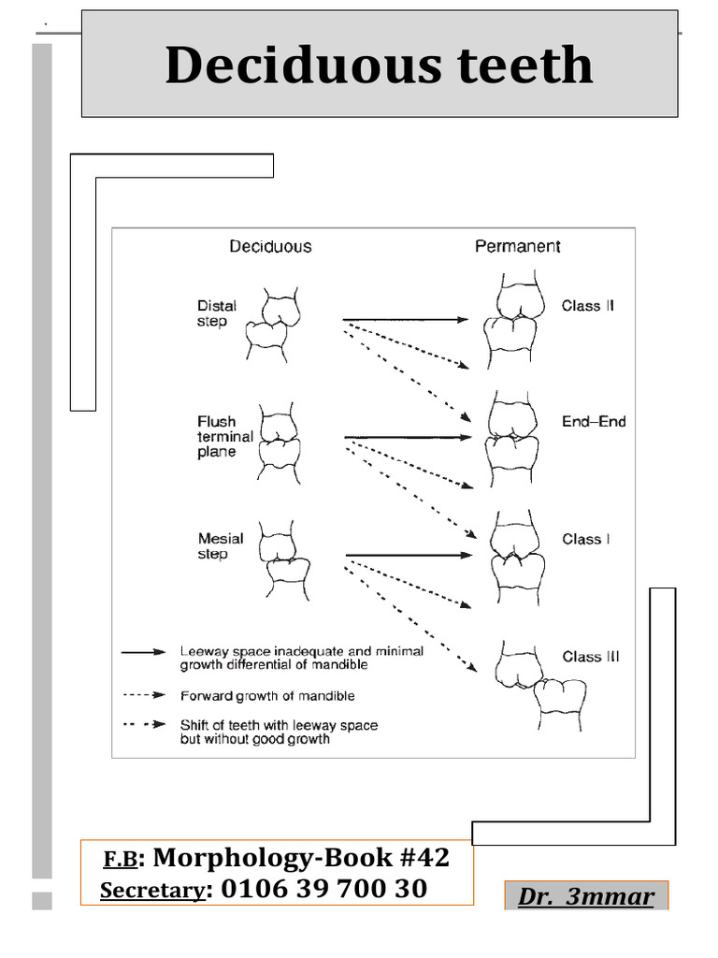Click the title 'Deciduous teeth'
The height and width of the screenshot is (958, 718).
pyautogui.click(x=379, y=65)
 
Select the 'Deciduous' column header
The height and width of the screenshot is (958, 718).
pyautogui.click(x=270, y=247)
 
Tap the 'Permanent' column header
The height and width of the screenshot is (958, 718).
pyautogui.click(x=517, y=247)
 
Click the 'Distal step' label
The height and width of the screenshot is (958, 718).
pyautogui.click(x=217, y=313)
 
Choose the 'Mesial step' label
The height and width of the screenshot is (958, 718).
pyautogui.click(x=221, y=546)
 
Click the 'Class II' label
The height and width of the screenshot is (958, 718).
pyautogui.click(x=587, y=306)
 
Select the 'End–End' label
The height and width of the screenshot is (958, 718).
pyautogui.click(x=594, y=422)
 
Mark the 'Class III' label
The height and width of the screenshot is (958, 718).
pyautogui.click(x=590, y=657)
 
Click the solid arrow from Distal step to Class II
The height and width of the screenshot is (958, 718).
pyautogui.click(x=405, y=320)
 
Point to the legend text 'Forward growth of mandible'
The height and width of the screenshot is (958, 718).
pyautogui.click(x=266, y=696)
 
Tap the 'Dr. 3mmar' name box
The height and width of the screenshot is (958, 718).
pyautogui.click(x=586, y=896)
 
